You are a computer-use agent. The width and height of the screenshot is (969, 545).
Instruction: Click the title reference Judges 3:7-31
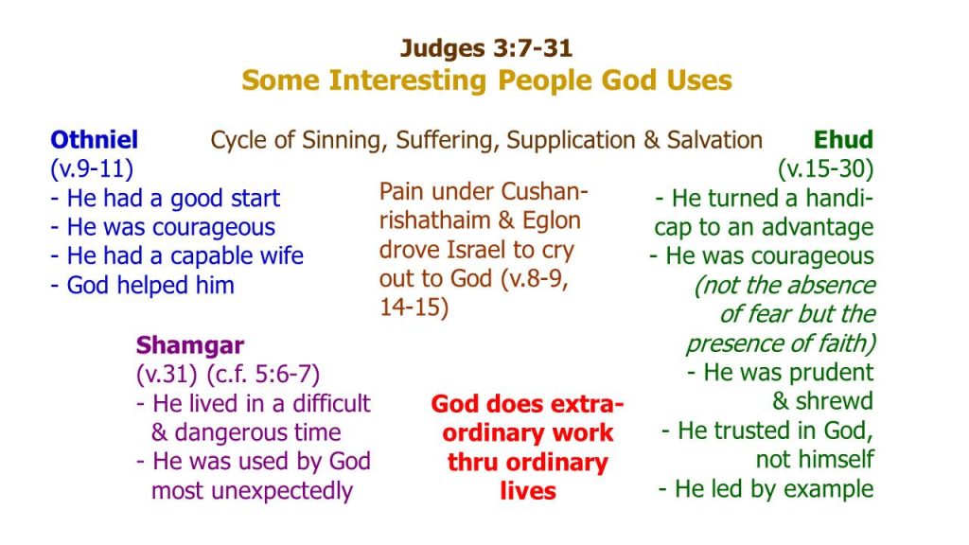486,48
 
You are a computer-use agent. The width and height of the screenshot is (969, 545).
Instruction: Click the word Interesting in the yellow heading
408,80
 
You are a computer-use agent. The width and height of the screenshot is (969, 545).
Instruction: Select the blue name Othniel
94,140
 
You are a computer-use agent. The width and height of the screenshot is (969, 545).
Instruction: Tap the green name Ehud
843,140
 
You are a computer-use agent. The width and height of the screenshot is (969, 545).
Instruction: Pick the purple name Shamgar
189,345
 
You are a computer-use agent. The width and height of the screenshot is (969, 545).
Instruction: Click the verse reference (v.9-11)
92,168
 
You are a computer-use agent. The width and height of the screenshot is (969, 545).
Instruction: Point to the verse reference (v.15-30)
825,168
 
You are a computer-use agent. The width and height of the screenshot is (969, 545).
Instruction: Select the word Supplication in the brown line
571,140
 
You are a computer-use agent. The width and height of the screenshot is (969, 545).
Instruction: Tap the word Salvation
714,140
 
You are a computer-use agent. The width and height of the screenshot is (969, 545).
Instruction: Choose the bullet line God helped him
142,286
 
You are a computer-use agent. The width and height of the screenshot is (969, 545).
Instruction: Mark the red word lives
528,491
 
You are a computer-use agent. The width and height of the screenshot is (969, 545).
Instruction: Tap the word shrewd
835,401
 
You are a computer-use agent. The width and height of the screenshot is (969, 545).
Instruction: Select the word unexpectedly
282,491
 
